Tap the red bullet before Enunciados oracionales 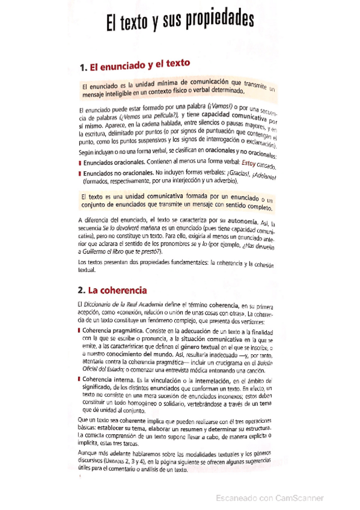tap(80, 163)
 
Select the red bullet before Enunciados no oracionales tap(80, 173)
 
